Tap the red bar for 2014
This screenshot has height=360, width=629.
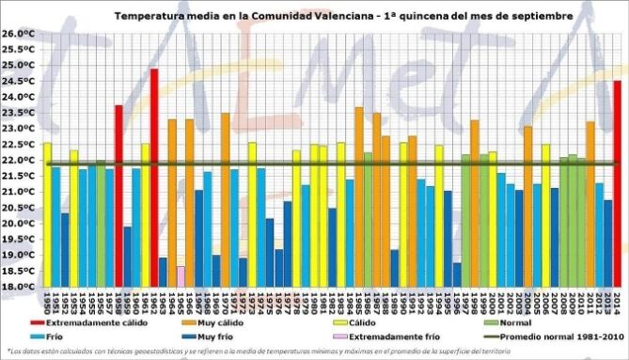tap(618, 183)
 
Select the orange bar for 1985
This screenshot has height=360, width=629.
tap(359, 196)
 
